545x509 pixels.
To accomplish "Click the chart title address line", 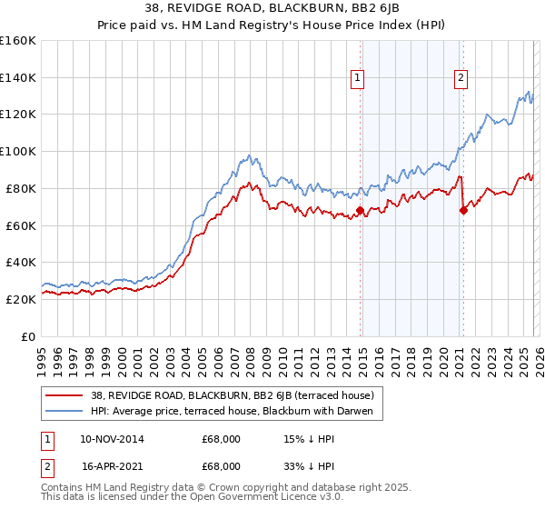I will (x=272, y=8).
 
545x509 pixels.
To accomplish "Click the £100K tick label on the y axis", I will (x=18, y=151).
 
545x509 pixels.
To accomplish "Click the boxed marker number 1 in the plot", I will (x=357, y=79).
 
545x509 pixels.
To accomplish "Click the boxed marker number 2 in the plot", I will (x=461, y=79).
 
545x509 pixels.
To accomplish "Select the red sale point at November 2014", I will (x=360, y=210).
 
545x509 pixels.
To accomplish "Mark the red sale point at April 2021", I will (x=463, y=210).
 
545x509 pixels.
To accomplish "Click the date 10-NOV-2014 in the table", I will (x=112, y=439).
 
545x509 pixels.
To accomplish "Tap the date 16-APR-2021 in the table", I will (x=112, y=468).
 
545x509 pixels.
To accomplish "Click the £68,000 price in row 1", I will (x=221, y=439).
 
